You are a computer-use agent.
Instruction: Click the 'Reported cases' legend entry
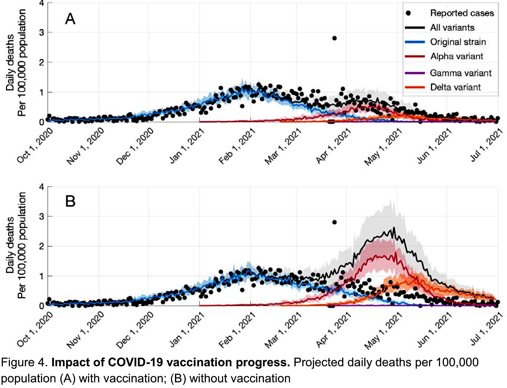462,13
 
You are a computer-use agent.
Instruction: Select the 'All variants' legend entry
452,27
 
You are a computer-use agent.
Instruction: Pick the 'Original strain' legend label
458,42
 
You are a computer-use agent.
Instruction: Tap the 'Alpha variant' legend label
457,56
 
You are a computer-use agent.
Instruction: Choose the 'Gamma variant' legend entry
461,73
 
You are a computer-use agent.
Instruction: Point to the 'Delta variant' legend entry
455,87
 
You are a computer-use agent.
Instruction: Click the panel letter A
70,19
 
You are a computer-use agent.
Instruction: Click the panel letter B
70,201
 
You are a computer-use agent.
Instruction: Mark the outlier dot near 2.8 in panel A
334,38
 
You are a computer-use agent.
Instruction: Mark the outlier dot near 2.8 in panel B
334,222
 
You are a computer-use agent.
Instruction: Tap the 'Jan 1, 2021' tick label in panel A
187,146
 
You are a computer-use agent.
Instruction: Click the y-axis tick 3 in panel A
42,33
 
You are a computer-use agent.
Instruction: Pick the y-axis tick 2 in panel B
42,246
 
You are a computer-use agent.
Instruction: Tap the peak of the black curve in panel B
394,228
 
